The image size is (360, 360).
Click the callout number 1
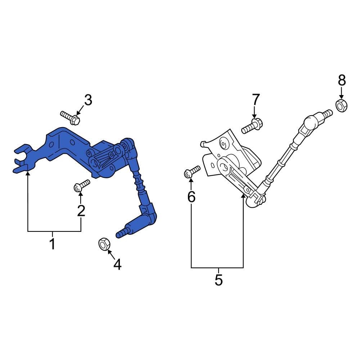coord(53,244)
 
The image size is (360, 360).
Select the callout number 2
coord(81,211)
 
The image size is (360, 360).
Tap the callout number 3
coord(88,100)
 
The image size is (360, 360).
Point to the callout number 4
coord(117,265)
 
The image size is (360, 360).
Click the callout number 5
coord(219,280)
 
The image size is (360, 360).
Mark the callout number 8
coord(341,80)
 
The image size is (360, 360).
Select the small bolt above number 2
coord(82,186)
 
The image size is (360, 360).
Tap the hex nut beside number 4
coord(104,244)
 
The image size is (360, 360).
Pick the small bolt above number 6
coord(192,171)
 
